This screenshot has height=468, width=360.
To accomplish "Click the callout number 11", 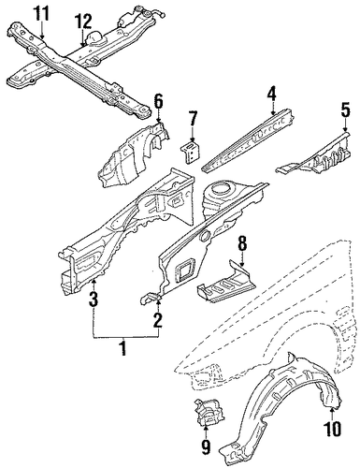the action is point(41,14).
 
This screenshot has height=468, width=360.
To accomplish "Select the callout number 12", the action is point(83,22).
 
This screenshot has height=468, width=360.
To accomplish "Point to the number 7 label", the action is point(193,119).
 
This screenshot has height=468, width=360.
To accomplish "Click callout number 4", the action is point(272,95).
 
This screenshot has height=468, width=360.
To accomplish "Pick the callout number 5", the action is point(345,110).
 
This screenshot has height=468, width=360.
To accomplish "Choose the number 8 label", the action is point(242,243).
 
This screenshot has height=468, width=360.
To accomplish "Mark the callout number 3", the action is point(94,299).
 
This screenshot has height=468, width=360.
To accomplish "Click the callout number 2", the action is point(159,320).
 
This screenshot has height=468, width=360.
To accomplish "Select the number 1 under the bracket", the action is point(123,348).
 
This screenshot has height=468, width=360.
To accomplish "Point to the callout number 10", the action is point(333,428).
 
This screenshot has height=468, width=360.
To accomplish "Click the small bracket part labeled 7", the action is point(191,152).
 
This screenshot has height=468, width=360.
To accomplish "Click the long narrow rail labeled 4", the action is point(248,141).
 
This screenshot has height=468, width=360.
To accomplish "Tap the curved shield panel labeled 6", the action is point(134,155).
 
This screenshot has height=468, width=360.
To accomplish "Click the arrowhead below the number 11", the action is point(42,37).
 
